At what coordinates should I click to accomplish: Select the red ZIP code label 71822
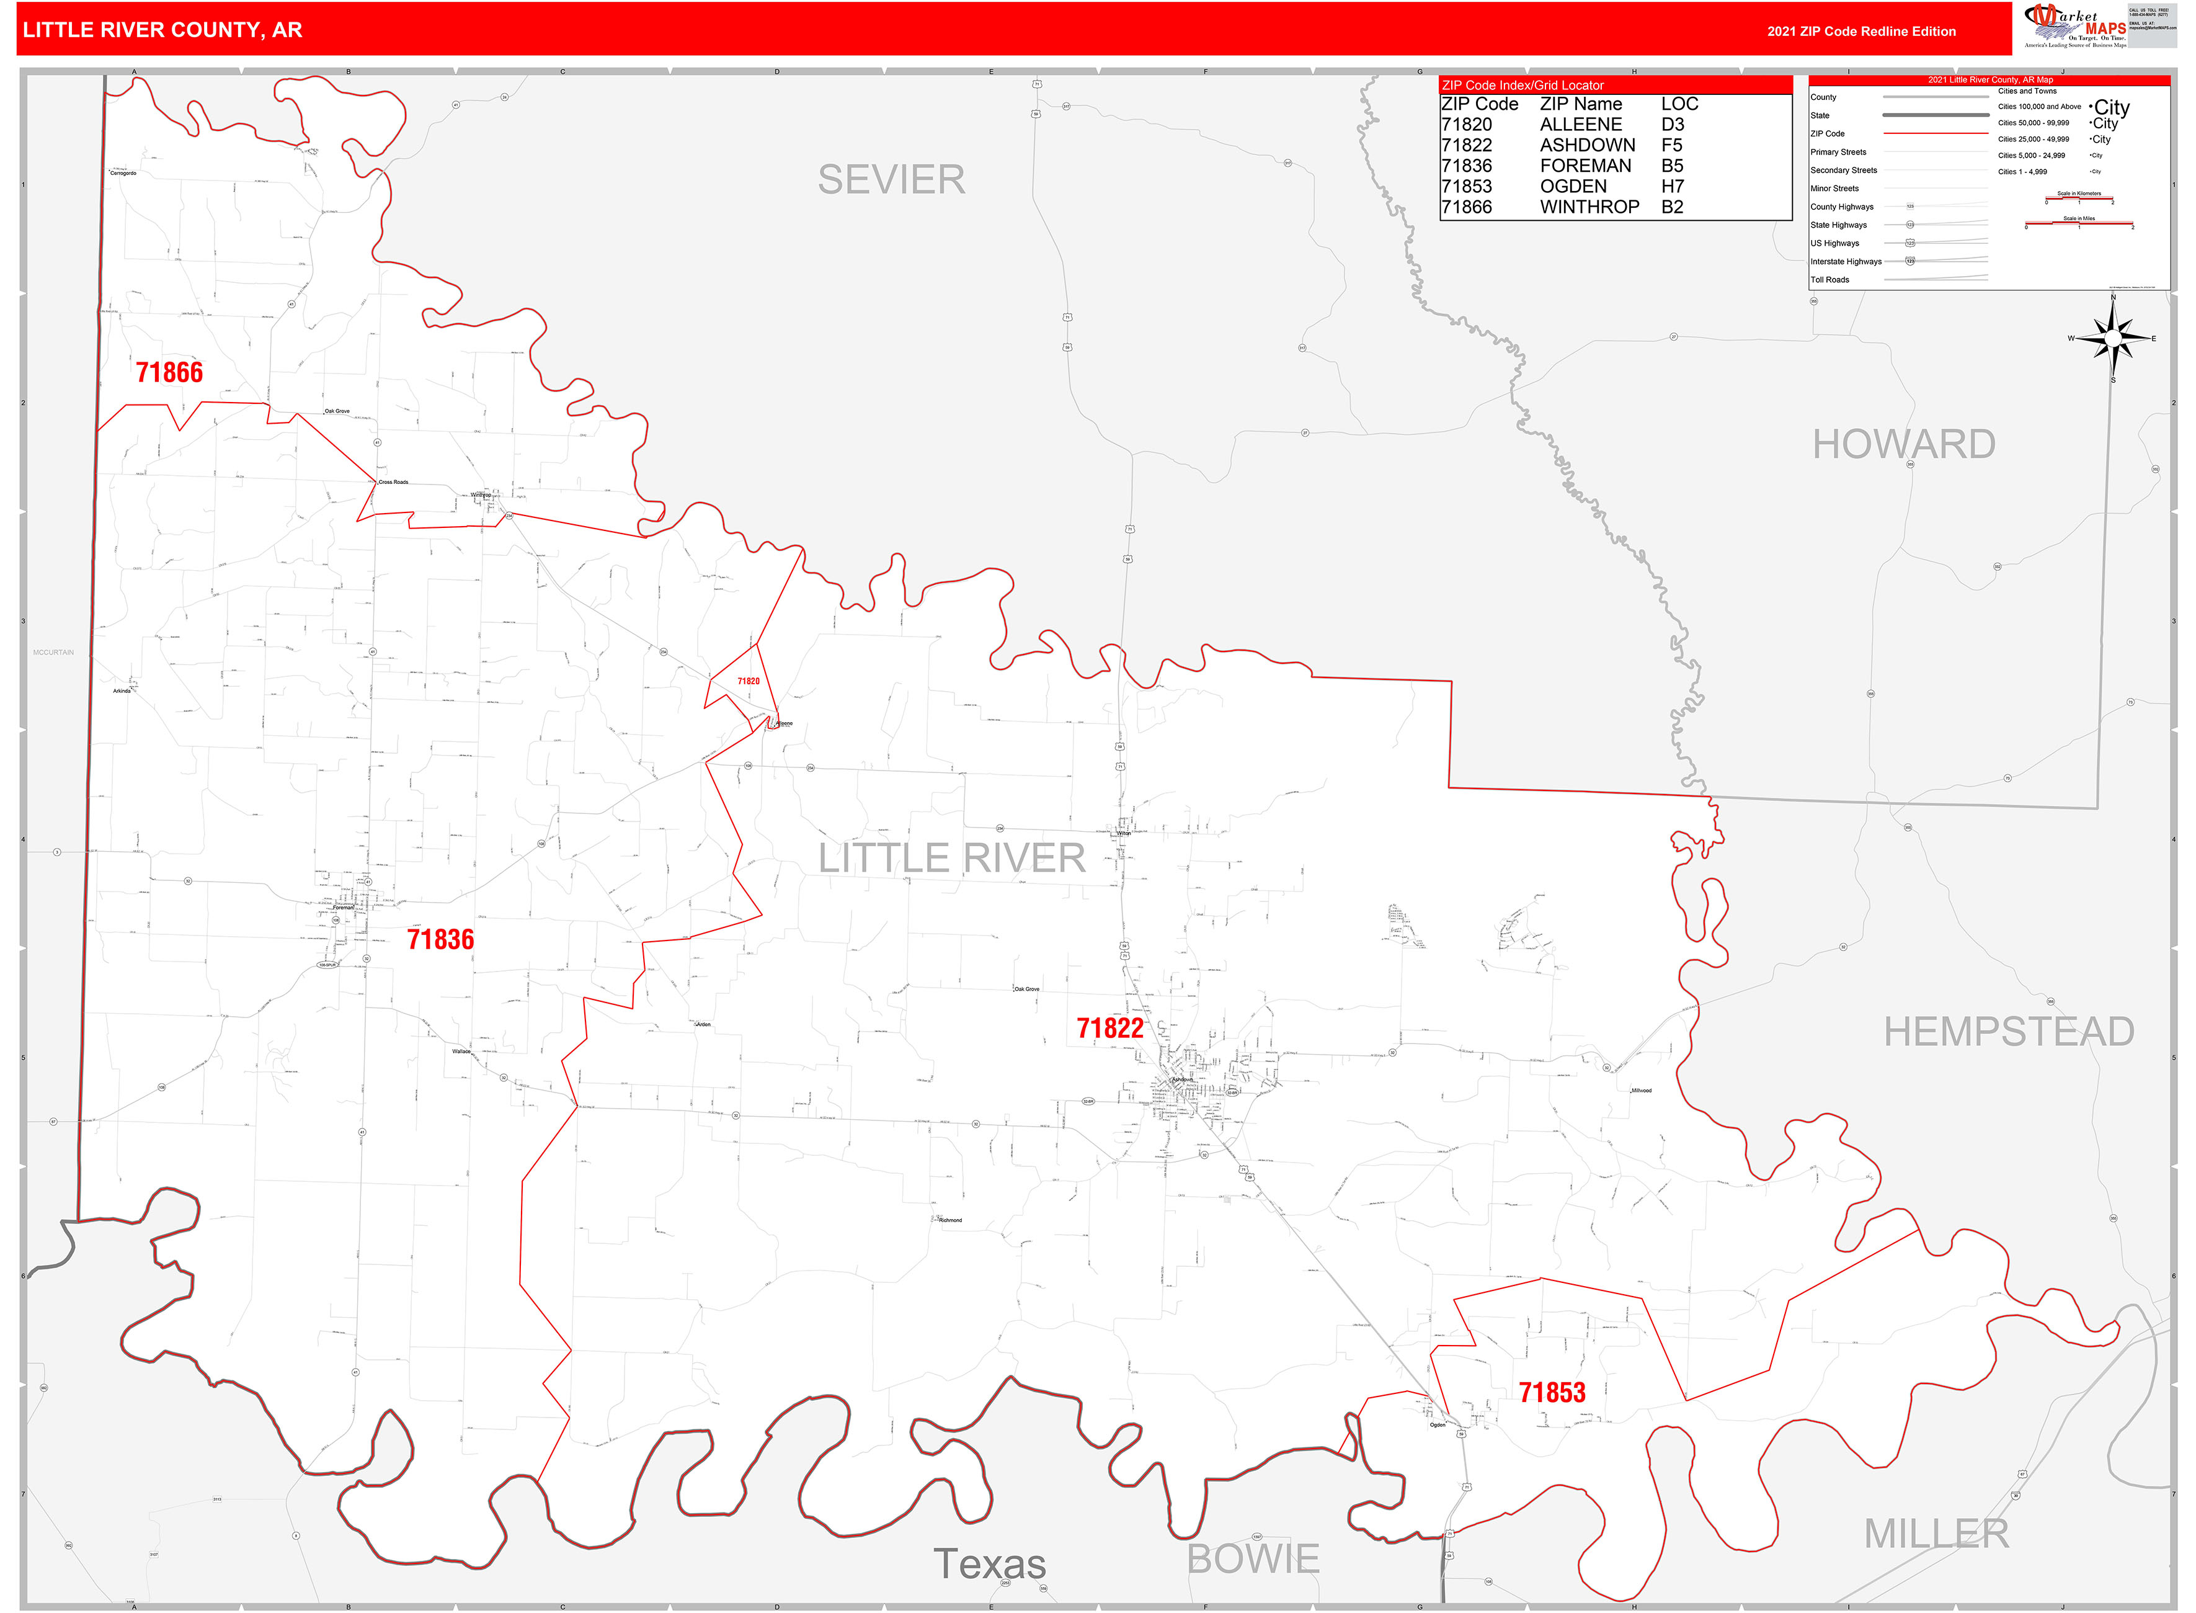point(1109,1028)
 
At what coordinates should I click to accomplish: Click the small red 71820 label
point(748,682)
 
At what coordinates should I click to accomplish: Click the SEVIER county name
point(891,180)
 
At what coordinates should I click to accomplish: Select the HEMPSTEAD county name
point(2009,1032)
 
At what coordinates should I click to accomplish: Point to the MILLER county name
point(1936,1534)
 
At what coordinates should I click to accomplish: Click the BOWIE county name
point(1253,1558)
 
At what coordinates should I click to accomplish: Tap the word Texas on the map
point(990,1564)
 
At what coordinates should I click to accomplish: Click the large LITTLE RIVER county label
point(951,858)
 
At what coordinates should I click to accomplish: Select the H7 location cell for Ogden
point(1672,187)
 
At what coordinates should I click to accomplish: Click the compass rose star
point(2113,338)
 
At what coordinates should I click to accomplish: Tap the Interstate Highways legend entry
point(1846,262)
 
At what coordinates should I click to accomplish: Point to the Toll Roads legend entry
point(1830,280)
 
